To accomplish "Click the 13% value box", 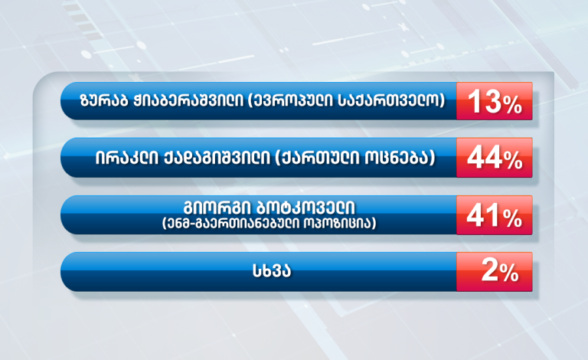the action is pyautogui.click(x=495, y=101).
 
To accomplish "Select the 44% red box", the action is pyautogui.click(x=495, y=158).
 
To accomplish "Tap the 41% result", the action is pyautogui.click(x=495, y=215).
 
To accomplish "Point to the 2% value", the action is pyautogui.click(x=495, y=271).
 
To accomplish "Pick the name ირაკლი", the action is pyautogui.click(x=126, y=158).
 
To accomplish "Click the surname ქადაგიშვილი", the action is pyautogui.click(x=217, y=158).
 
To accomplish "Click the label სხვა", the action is pyautogui.click(x=272, y=271).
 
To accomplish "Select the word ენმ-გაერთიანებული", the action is pyautogui.click(x=236, y=224).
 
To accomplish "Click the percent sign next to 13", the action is pyautogui.click(x=513, y=105).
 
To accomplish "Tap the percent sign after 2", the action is pyautogui.click(x=509, y=273).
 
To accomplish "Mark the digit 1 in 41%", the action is pyautogui.click(x=492, y=215).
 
